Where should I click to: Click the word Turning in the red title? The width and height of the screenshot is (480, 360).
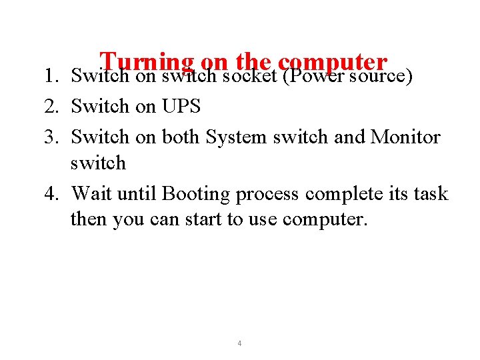click(146, 63)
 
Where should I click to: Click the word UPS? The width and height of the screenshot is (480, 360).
click(181, 106)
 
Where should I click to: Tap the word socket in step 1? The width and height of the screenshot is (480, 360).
click(249, 76)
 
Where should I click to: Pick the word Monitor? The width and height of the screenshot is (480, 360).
click(405, 137)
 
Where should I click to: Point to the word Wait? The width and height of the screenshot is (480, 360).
click(90, 194)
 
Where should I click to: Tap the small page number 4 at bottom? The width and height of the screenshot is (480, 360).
click(239, 343)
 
